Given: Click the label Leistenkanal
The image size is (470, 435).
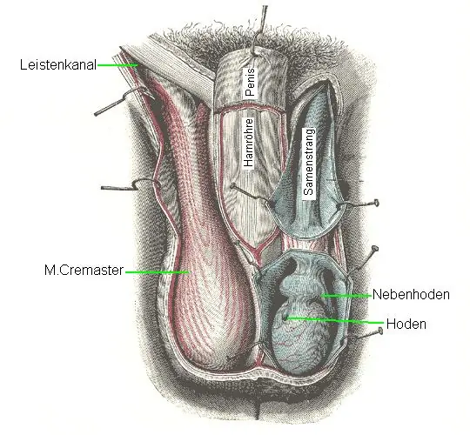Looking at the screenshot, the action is click(x=58, y=64).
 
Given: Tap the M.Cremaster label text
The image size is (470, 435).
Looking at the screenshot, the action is click(x=84, y=271).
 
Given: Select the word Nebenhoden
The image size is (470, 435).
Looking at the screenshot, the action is click(x=411, y=294).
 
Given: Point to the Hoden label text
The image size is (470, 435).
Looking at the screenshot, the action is click(x=406, y=324).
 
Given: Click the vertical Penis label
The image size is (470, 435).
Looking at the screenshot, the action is click(x=250, y=82).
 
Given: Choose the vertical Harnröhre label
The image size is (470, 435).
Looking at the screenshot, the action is click(x=248, y=143).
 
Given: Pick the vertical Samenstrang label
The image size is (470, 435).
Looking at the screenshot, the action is click(x=309, y=162).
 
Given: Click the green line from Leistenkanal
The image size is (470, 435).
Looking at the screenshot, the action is click(x=117, y=64).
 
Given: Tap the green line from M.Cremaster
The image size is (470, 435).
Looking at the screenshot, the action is click(x=158, y=272).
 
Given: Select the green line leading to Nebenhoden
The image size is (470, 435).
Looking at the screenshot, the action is click(x=346, y=296).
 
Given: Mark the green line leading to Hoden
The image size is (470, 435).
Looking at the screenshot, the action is click(x=334, y=320).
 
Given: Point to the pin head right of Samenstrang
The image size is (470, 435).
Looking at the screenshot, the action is click(x=376, y=203).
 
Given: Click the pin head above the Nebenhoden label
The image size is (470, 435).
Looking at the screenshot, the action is click(x=374, y=249).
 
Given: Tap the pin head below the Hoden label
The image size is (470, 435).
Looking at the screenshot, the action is click(x=380, y=331).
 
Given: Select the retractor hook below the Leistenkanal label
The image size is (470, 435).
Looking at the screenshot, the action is click(x=124, y=100).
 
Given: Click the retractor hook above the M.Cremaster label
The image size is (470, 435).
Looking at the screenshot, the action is click(x=130, y=185).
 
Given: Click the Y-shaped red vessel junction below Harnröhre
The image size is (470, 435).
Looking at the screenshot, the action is click(x=257, y=249).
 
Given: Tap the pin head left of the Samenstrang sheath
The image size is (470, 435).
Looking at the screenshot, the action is click(x=232, y=186).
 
